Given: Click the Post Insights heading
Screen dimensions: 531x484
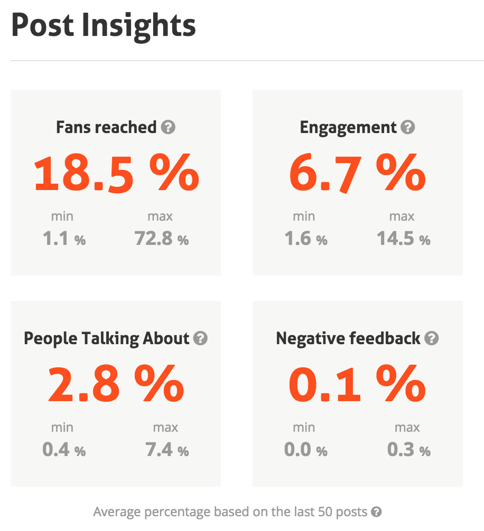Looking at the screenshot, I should pos(104,25).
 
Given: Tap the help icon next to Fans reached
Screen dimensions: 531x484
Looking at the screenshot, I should pos(169,127).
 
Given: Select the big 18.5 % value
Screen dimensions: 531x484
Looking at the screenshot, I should pos(116,174).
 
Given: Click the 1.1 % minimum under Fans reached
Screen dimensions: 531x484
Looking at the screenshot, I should pos(64,240).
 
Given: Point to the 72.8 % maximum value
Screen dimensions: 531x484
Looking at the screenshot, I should pos(162,240).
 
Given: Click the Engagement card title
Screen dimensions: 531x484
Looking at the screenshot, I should pos(348,127).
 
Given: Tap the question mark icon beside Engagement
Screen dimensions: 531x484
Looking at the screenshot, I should pos(408,127).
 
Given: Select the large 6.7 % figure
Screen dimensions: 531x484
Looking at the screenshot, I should pos(357,174).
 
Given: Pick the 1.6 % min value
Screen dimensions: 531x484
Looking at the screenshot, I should pos(306,240).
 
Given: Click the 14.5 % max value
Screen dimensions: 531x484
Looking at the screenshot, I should pos(403,240).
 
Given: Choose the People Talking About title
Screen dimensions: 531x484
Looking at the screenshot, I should pos(107,338).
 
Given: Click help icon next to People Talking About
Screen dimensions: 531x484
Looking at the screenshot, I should pos(200,338).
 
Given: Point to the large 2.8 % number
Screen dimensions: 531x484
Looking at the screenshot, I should pos(116,385).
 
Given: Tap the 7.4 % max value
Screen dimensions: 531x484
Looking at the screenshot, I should pos(167,451).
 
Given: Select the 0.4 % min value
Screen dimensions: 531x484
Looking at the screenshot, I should pos(64,451).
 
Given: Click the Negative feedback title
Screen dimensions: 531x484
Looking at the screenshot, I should pos(348,338).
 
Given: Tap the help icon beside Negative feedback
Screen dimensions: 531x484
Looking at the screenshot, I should pos(432,338).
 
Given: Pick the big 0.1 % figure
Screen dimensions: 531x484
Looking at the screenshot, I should pos(357,385).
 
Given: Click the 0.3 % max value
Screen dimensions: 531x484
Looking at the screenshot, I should pos(408,451).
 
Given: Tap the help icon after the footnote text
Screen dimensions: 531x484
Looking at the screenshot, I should pos(376,511).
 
